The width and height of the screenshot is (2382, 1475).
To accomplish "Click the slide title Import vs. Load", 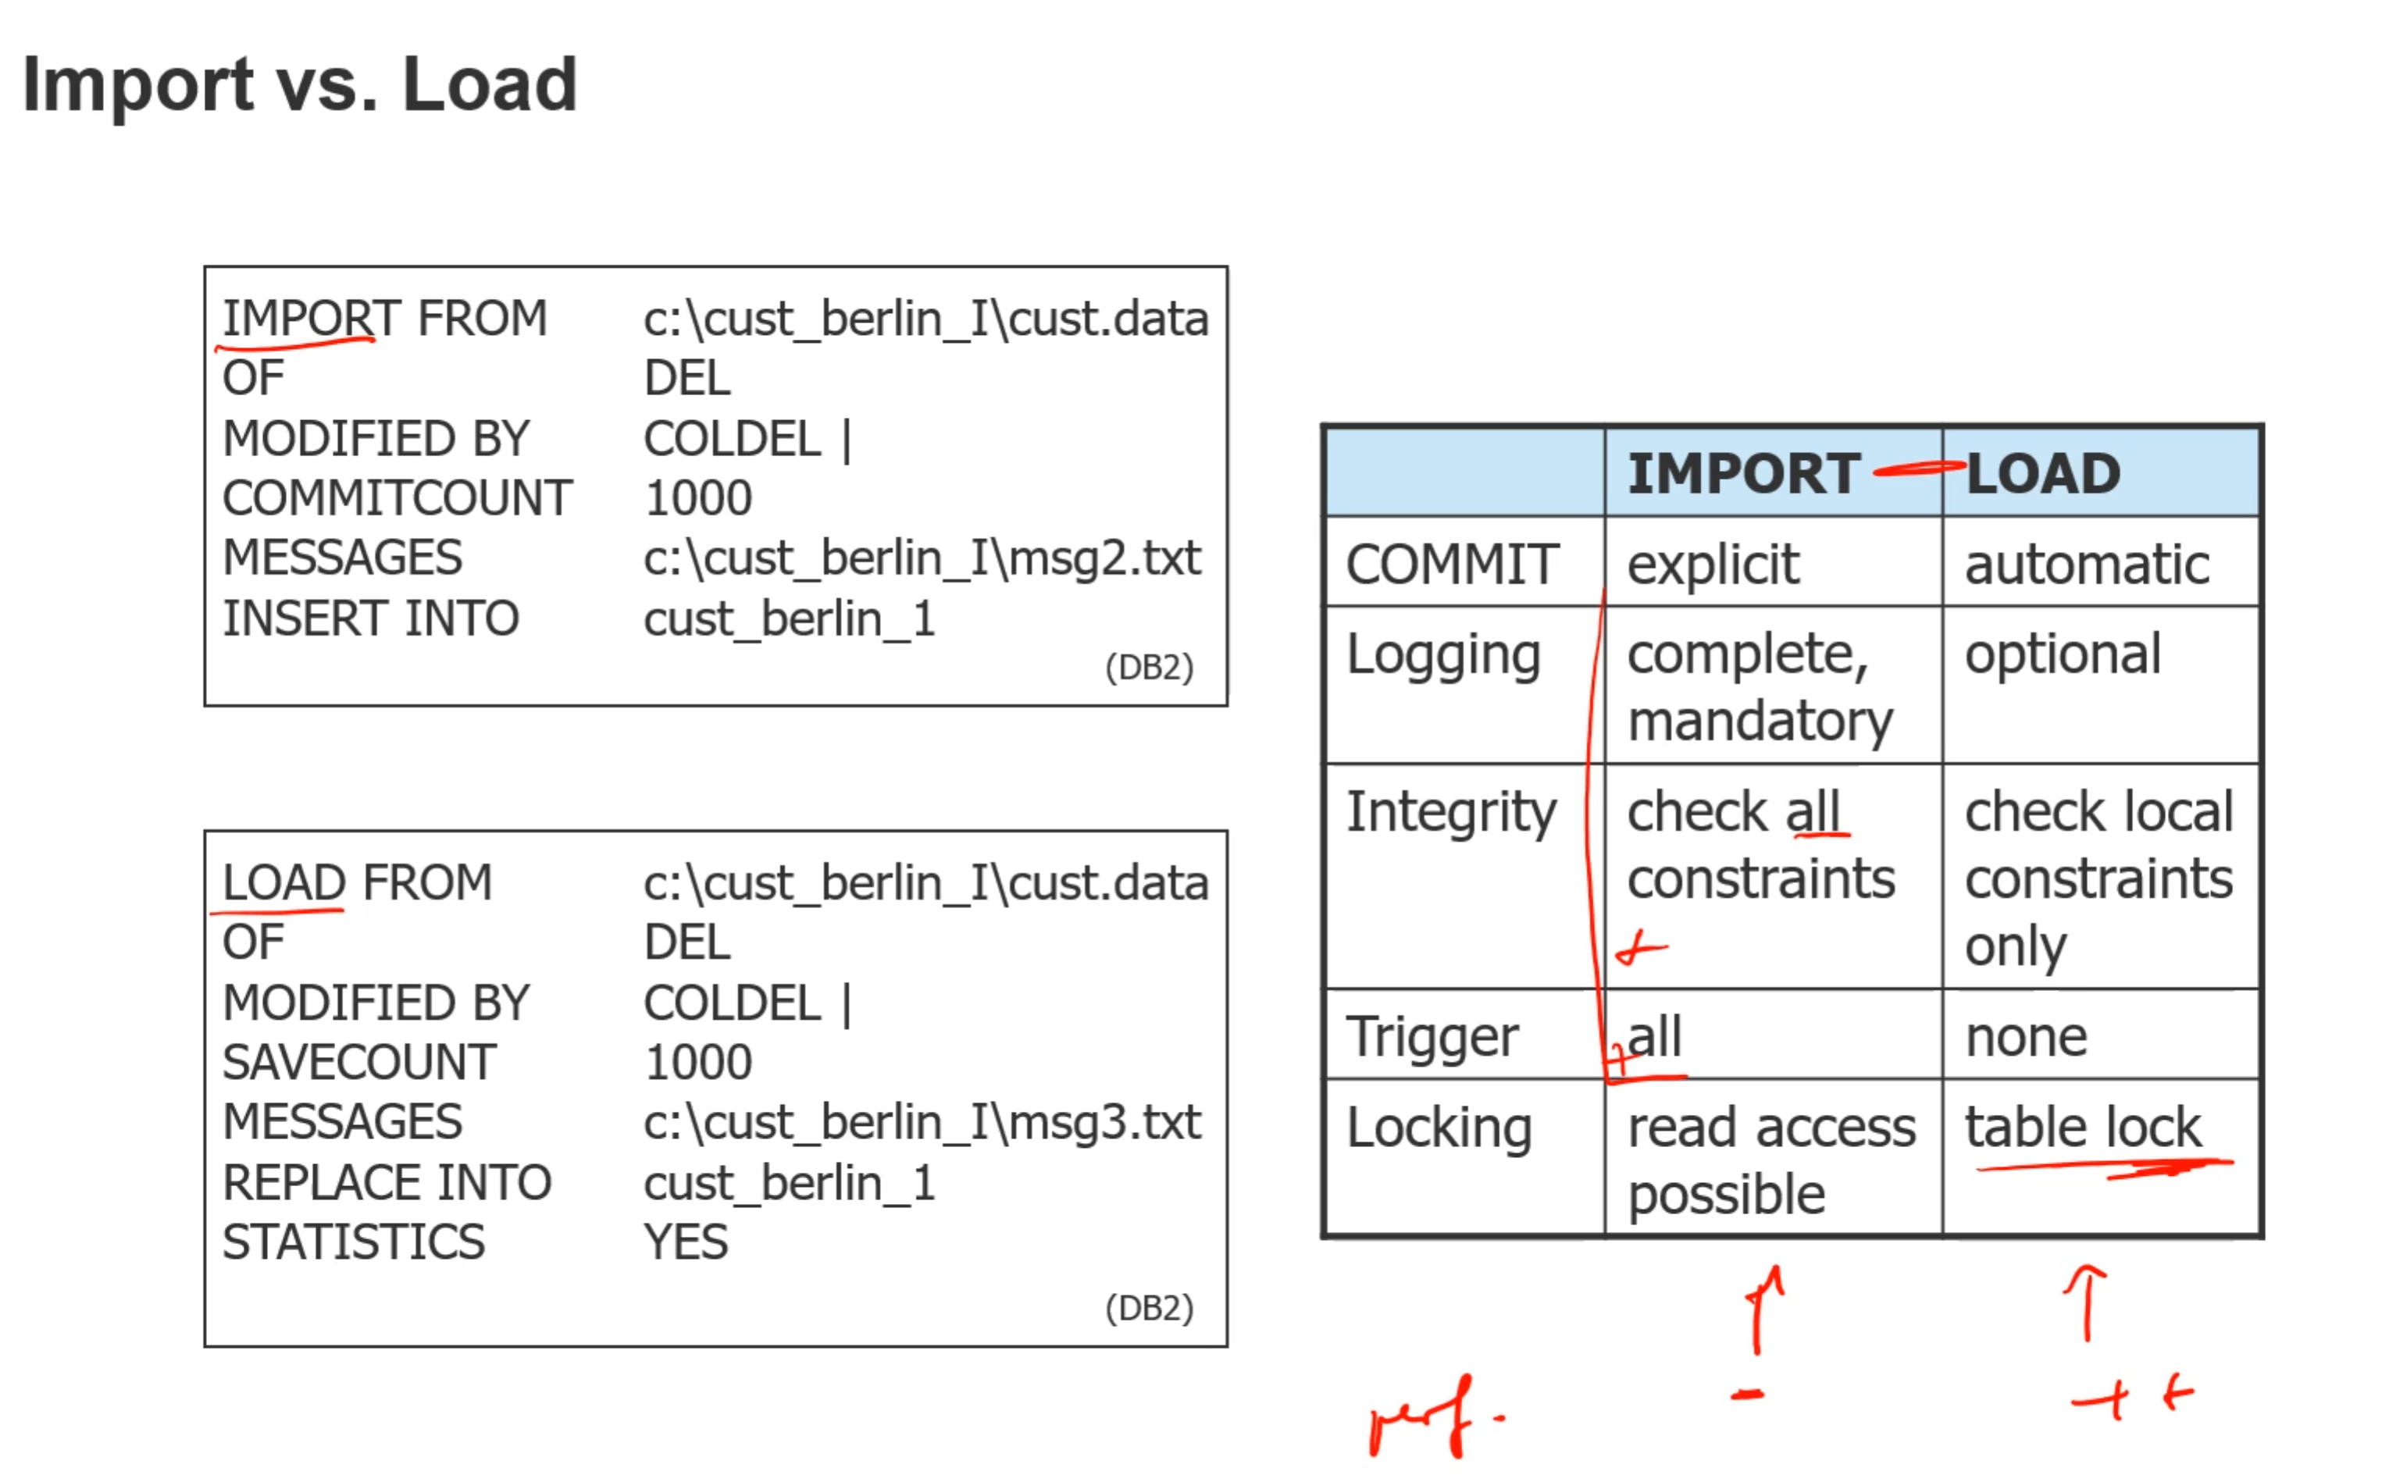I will (x=299, y=85).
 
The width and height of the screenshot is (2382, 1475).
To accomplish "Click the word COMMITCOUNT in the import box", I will (x=397, y=498).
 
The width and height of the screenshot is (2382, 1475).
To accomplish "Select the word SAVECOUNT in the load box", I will (x=359, y=1063).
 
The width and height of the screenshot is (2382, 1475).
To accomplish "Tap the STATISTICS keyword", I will (x=353, y=1242).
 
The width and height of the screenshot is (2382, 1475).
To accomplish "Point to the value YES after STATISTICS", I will (x=685, y=1242).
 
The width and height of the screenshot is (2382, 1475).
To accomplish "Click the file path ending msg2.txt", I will (x=921, y=558).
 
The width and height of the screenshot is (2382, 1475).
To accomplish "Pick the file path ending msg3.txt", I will (x=921, y=1122).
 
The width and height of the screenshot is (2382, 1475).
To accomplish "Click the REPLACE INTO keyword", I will (x=387, y=1182).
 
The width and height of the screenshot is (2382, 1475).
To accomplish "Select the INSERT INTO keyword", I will (x=371, y=618).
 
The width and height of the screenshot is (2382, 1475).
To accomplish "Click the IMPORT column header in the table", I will (x=1743, y=474).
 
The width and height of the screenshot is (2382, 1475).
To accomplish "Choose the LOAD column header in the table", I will (x=2042, y=474).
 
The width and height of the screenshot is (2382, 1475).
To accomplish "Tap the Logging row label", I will (x=1442, y=654).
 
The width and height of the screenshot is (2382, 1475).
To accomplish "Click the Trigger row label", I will (x=1431, y=1036).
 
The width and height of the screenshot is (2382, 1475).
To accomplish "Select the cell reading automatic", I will (x=2087, y=565).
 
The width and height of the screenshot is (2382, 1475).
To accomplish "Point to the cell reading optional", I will (x=2062, y=654).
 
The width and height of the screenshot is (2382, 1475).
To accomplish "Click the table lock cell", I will (x=2083, y=1128).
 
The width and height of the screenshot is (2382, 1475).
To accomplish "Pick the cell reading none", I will (x=2026, y=1036).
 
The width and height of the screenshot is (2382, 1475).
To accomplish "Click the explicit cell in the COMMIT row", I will (x=1713, y=565).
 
